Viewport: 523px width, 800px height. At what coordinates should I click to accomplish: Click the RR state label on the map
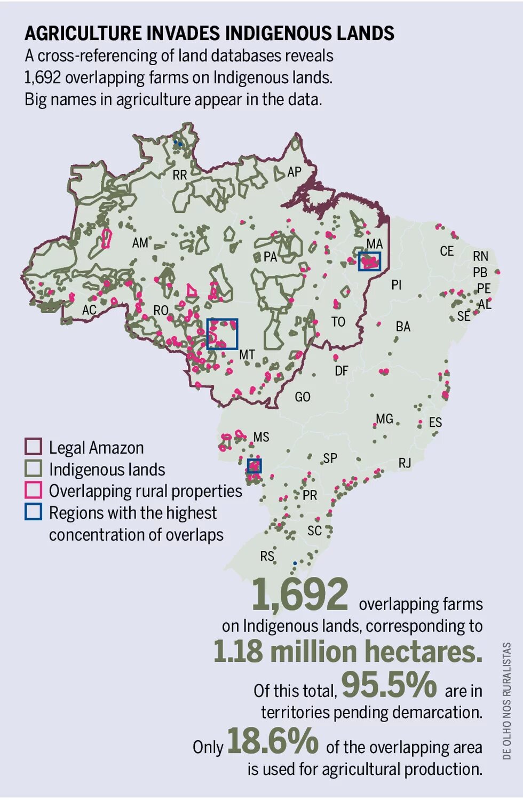180,175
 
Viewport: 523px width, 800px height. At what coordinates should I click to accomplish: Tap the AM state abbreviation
140,243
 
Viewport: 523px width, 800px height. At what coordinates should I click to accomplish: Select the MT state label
247,354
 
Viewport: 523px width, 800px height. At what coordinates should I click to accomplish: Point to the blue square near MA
370,262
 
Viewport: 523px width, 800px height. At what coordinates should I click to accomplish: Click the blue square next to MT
222,334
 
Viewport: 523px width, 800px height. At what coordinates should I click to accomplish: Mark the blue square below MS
254,466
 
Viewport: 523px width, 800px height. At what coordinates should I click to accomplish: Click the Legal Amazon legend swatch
33,447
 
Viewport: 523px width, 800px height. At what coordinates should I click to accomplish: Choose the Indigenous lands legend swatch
33,469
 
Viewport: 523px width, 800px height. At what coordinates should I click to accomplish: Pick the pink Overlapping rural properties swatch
33,490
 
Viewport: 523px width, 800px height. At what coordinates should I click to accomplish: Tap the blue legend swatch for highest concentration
33,512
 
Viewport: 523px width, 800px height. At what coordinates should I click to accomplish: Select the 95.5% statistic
389,685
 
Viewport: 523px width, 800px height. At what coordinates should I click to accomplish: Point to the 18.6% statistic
273,741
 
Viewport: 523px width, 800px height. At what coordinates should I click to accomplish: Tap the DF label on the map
342,370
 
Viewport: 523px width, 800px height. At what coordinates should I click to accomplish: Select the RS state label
267,556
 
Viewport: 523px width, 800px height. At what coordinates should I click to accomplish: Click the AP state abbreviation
294,172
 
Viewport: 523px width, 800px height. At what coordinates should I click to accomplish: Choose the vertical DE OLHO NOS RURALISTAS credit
506,700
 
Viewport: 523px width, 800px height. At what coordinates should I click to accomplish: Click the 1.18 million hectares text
348,652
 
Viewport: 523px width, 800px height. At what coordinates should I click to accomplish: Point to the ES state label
435,422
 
